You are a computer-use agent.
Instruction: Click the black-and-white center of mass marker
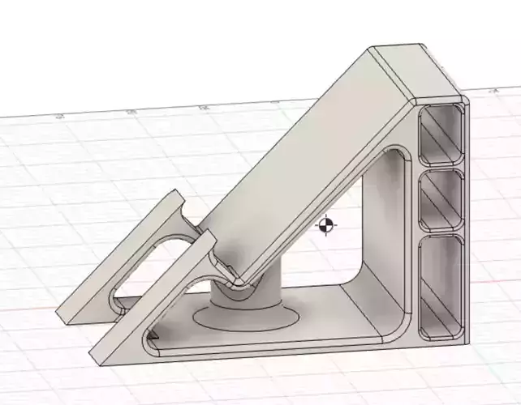click(x=326, y=226)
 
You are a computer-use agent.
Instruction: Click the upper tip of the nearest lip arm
click(x=209, y=237)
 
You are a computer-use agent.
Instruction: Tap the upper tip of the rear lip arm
click(x=177, y=196)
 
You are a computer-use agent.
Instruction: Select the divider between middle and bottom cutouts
click(x=442, y=233)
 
